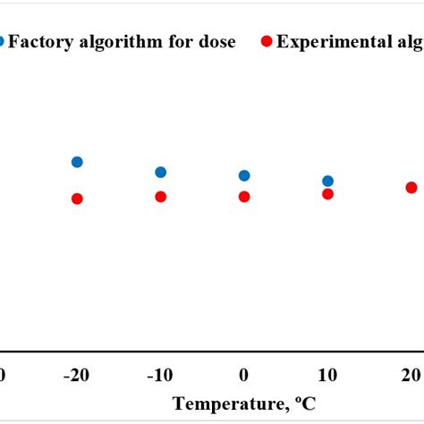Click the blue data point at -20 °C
(x=77, y=162)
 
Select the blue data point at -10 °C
(x=160, y=172)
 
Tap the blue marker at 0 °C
(x=244, y=176)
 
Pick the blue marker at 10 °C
(x=327, y=182)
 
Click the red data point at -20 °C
(x=77, y=199)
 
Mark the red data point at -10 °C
(x=160, y=197)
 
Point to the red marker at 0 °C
(x=244, y=197)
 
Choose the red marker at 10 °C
(x=327, y=194)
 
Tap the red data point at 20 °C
(x=411, y=187)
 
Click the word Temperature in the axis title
(x=224, y=403)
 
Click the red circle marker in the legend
(x=266, y=42)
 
